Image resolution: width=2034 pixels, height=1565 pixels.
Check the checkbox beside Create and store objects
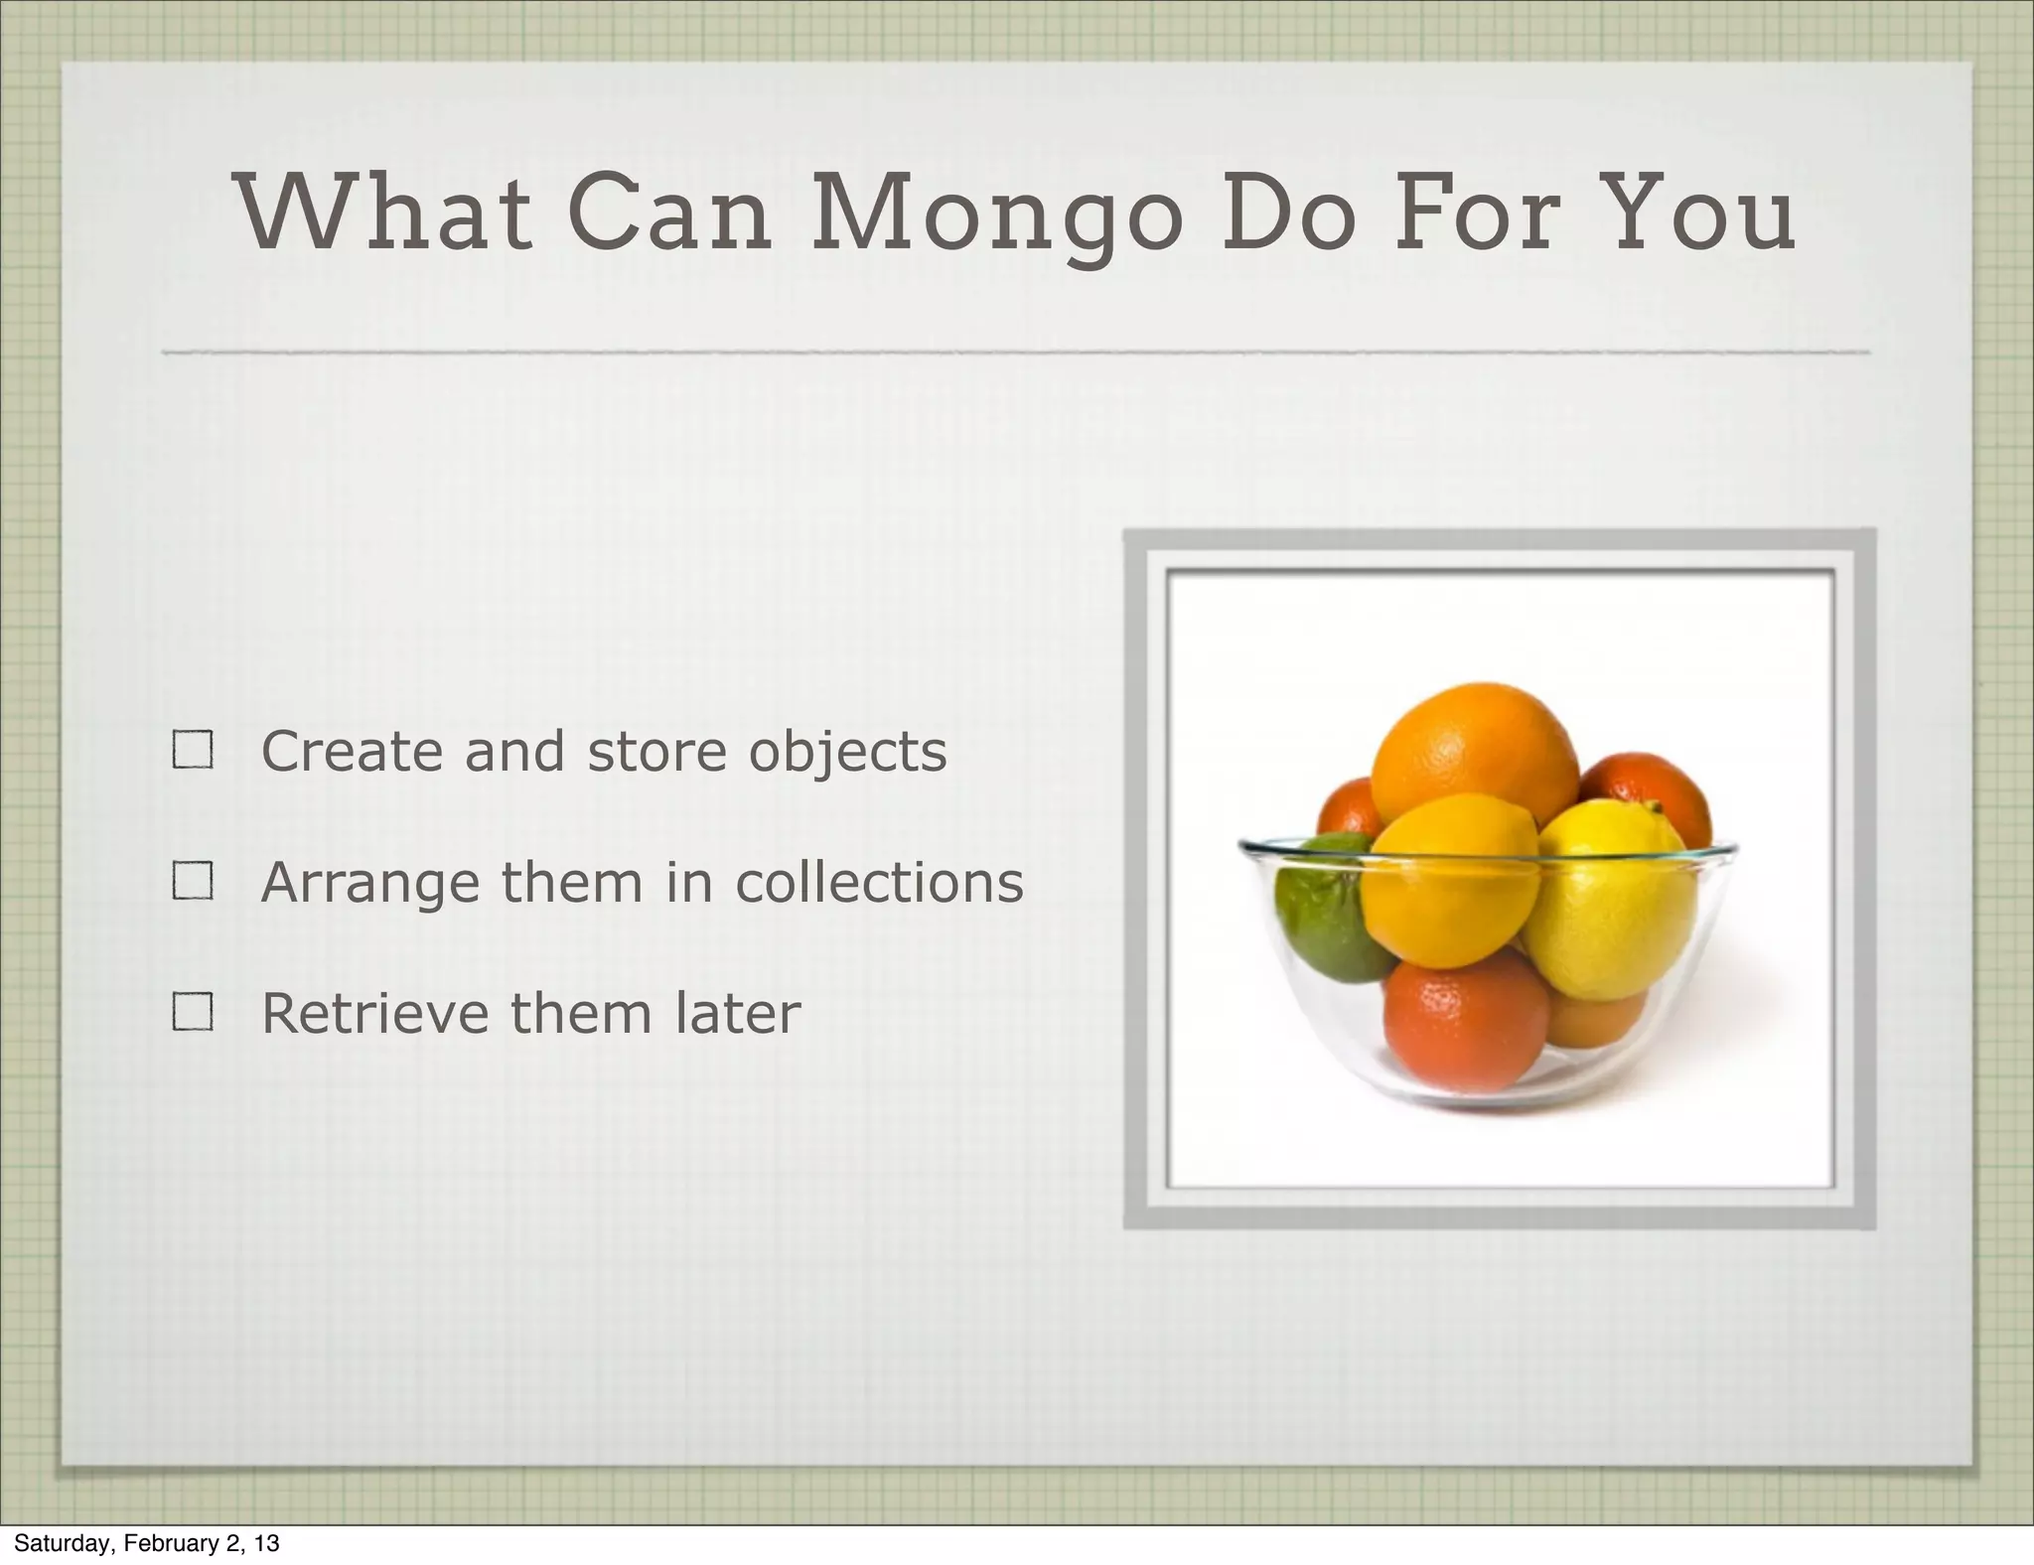point(193,751)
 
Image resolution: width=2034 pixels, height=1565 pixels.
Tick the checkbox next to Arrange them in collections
point(193,881)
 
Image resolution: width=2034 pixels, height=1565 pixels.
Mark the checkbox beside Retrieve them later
point(193,1013)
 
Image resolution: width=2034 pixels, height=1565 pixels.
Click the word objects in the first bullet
point(847,753)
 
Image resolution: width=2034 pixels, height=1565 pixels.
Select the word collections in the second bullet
point(879,882)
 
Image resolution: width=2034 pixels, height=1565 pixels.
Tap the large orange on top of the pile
point(1475,750)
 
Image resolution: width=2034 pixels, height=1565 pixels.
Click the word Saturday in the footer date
point(62,1543)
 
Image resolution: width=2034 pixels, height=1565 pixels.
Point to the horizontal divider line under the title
point(1013,352)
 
